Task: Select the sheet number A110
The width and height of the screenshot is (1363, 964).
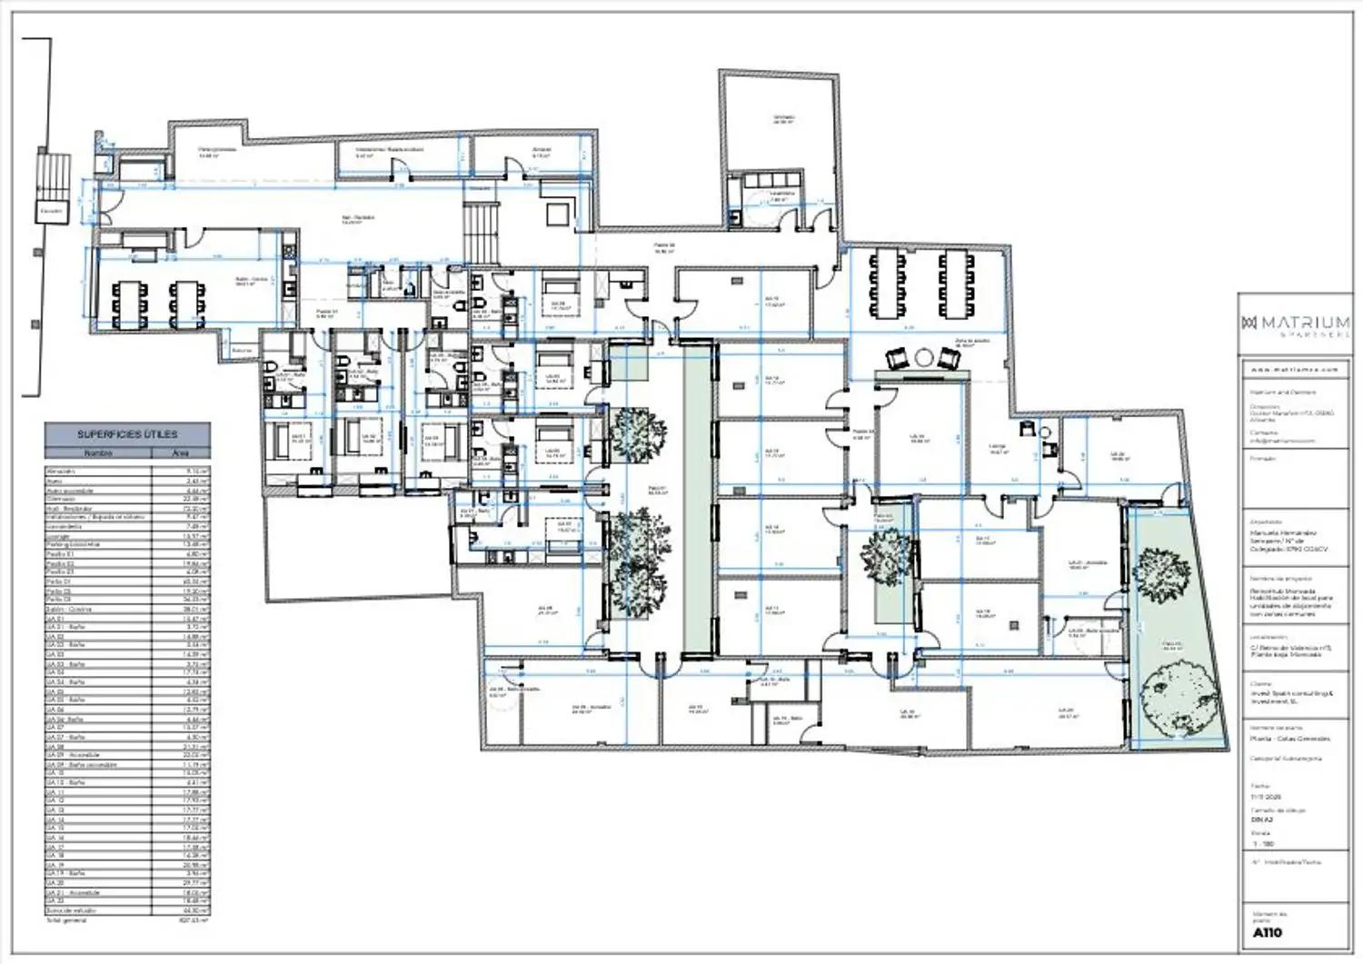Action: tap(1267, 933)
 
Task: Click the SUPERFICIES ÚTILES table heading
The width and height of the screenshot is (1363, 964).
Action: tap(127, 435)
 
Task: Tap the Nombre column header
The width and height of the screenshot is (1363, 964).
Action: tap(98, 452)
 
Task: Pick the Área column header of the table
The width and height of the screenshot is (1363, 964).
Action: tap(183, 452)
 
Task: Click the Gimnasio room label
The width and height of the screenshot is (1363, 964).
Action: tap(783, 119)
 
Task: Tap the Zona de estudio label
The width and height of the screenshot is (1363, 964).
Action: tap(970, 343)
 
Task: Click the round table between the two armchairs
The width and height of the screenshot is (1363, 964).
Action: tap(924, 357)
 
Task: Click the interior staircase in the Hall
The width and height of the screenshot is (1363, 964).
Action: tap(482, 232)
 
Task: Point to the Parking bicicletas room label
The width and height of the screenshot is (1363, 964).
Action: tap(218, 151)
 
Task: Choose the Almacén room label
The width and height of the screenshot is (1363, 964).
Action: tap(542, 151)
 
